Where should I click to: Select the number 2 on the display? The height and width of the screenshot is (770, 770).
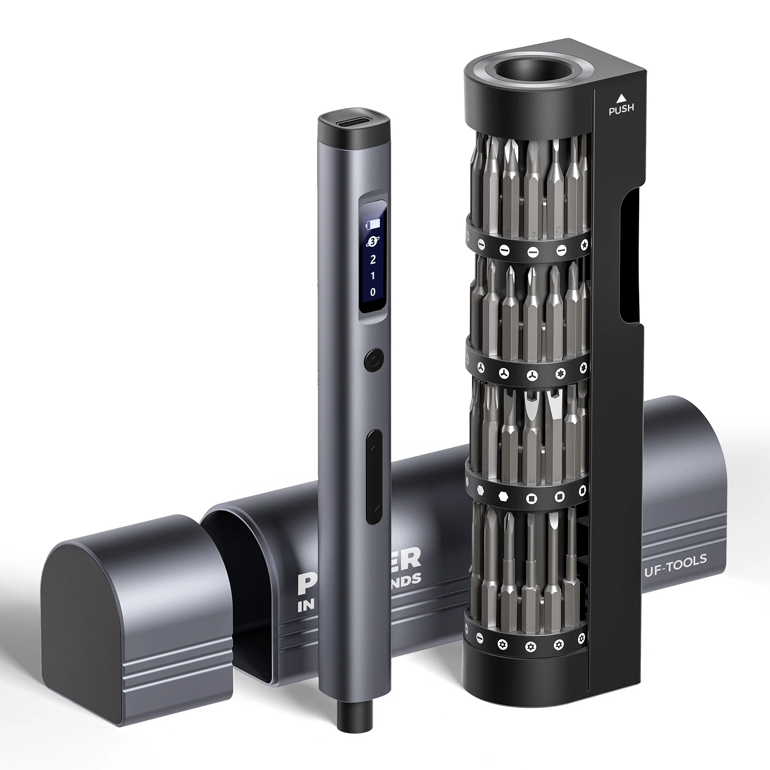tap(372, 260)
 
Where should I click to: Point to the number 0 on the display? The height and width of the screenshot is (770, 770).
tap(373, 292)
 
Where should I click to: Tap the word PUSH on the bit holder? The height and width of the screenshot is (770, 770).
tap(621, 109)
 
